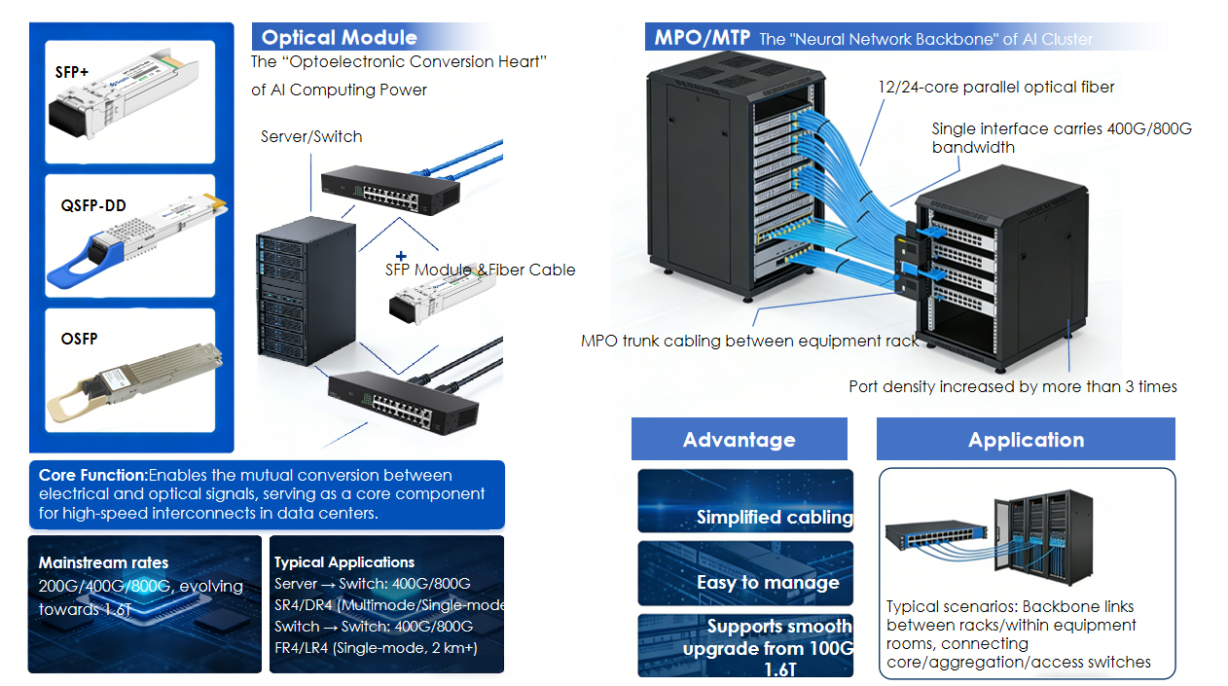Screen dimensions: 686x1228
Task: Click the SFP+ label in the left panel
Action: [71, 71]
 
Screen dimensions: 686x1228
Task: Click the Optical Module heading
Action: [339, 38]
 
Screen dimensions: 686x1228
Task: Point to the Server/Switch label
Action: [311, 137]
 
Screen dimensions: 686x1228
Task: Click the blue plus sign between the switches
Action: [400, 254]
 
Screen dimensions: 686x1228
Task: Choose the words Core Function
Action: [92, 476]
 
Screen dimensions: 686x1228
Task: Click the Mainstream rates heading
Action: [103, 562]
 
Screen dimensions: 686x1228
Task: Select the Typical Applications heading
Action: [344, 562]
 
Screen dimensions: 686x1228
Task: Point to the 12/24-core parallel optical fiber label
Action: [995, 88]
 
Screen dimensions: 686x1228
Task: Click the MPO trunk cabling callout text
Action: [749, 341]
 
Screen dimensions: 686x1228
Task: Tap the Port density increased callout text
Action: [1013, 387]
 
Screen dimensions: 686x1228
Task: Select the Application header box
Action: [1026, 440]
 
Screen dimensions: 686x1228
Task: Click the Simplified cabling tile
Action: [745, 502]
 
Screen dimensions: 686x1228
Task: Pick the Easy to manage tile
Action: [745, 574]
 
